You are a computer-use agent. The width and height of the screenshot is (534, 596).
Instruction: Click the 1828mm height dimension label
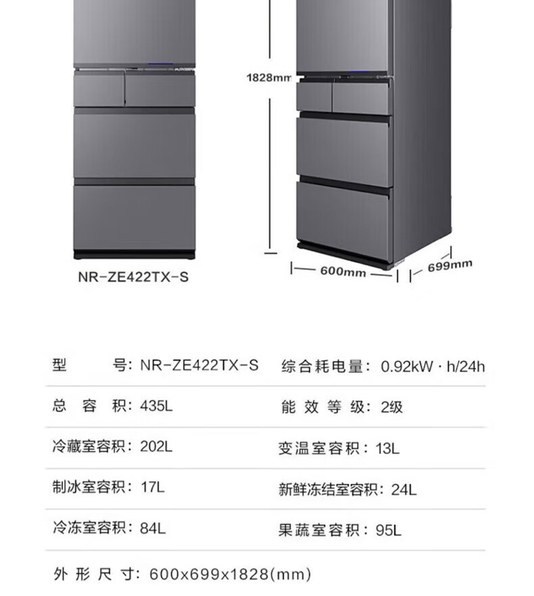pyautogui.click(x=268, y=78)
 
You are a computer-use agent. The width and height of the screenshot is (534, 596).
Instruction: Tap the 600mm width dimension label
pyautogui.click(x=343, y=272)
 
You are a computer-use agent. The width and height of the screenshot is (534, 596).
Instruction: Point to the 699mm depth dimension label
pyautogui.click(x=450, y=266)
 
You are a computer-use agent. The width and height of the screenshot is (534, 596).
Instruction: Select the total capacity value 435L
pyautogui.click(x=156, y=407)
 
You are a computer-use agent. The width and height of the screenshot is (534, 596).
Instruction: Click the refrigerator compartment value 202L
pyautogui.click(x=156, y=447)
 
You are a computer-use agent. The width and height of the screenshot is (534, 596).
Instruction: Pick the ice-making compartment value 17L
pyautogui.click(x=152, y=487)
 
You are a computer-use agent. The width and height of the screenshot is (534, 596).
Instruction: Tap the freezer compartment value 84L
pyautogui.click(x=152, y=528)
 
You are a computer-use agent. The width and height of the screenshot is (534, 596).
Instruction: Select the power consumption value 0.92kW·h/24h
pyautogui.click(x=433, y=367)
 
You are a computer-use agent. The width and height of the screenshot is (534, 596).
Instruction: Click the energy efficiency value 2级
pyautogui.click(x=391, y=407)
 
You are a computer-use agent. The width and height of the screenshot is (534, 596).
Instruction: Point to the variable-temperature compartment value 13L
pyautogui.click(x=387, y=447)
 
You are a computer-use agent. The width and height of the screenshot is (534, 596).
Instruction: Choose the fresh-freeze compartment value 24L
pyautogui.click(x=404, y=489)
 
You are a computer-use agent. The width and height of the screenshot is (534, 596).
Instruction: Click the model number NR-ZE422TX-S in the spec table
pyautogui.click(x=199, y=366)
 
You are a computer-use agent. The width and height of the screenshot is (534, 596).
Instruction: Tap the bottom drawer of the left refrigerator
pyautogui.click(x=134, y=217)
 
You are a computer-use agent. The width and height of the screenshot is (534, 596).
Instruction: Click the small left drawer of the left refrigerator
pyautogui.click(x=99, y=90)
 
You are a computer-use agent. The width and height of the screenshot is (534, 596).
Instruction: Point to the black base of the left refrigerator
pyautogui.click(x=134, y=255)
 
